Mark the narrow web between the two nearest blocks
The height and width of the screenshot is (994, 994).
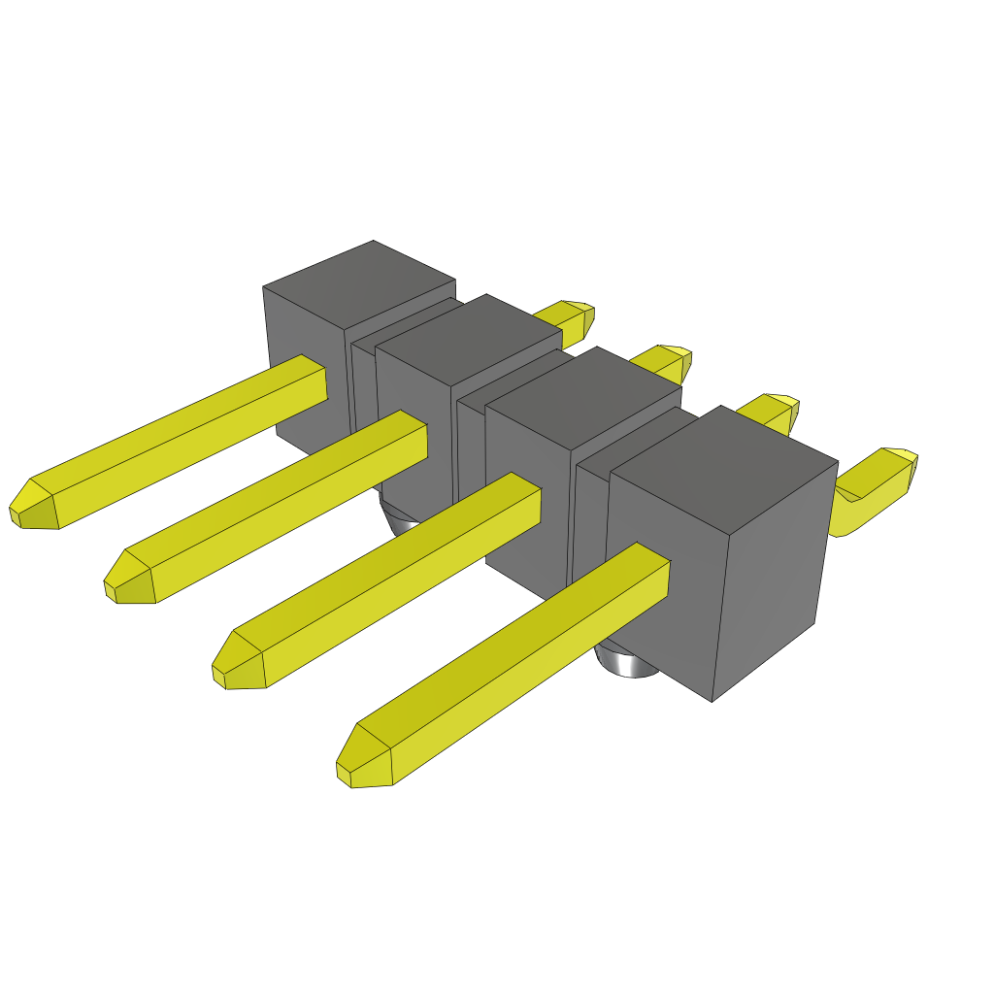pyautogui.click(x=590, y=524)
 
